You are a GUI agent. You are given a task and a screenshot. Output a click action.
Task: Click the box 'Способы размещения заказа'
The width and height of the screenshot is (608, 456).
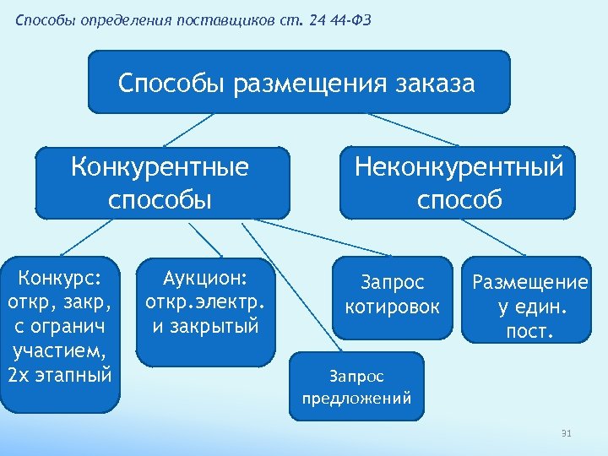299,82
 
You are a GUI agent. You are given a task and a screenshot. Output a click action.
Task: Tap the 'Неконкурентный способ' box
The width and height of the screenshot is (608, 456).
458,182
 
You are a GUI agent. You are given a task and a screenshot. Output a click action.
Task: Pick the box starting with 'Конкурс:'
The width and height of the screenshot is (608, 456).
59,334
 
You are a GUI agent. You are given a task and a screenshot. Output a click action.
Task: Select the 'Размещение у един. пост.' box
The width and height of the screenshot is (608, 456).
529,300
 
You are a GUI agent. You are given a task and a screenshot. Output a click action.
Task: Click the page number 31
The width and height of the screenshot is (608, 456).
567,434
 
